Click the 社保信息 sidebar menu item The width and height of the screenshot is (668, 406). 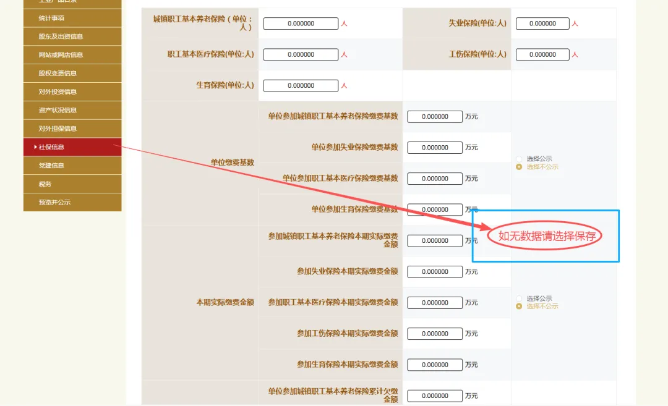[x=72, y=147]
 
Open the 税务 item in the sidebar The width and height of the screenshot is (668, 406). [x=72, y=184]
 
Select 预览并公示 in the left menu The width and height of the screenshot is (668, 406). [x=72, y=202]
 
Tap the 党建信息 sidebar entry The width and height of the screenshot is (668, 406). [x=72, y=166]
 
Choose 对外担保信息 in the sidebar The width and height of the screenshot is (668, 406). [x=72, y=129]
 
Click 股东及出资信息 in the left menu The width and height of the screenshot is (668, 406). [x=72, y=36]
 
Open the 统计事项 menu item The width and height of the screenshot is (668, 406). [x=72, y=18]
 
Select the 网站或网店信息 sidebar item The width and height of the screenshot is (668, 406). [x=72, y=55]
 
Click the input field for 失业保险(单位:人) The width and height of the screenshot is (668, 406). [x=542, y=23]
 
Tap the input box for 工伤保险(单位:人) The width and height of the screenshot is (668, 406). [x=542, y=54]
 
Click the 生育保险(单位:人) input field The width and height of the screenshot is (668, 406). [x=301, y=85]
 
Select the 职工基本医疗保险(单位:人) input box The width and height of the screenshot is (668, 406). [x=301, y=54]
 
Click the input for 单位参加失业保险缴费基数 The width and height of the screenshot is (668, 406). [x=435, y=148]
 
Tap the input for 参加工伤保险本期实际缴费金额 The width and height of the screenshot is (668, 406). [x=435, y=334]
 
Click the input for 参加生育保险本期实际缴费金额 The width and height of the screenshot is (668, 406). [x=435, y=365]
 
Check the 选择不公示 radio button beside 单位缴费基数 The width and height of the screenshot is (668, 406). [x=519, y=167]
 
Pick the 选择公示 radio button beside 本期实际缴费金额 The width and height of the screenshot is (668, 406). [x=519, y=298]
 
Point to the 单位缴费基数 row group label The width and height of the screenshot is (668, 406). [x=232, y=163]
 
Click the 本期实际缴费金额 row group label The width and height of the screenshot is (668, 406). [x=225, y=303]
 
